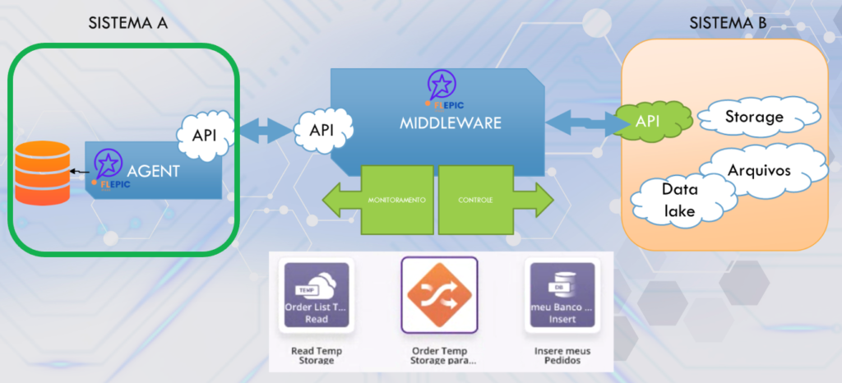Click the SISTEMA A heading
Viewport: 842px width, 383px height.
tap(128, 23)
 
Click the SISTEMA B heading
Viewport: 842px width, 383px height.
tap(728, 23)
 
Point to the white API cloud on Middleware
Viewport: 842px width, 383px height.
tap(323, 129)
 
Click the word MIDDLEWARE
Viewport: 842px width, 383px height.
tap(451, 124)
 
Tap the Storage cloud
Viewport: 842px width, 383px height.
tap(753, 118)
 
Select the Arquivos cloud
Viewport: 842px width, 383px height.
tap(758, 170)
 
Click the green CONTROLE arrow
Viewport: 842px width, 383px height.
tap(493, 200)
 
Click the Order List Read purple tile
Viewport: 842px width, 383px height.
tap(317, 295)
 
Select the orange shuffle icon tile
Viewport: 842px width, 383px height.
tap(439, 295)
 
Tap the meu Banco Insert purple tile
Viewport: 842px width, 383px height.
tap(562, 295)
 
